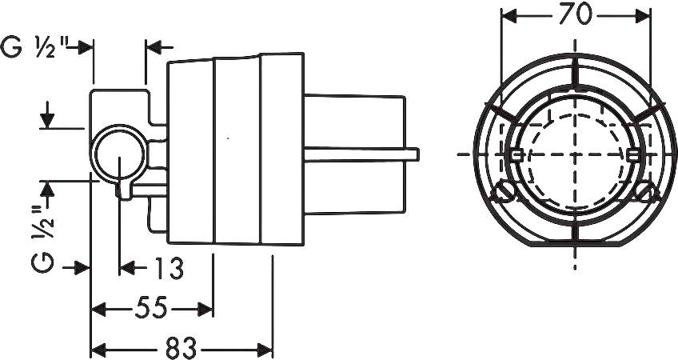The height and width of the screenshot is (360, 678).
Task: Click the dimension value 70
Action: click(x=575, y=15)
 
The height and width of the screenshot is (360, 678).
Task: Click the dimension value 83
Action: click(x=181, y=348)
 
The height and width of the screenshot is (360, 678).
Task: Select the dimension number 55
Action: click(x=151, y=309)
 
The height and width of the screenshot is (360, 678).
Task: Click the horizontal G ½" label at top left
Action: click(x=34, y=46)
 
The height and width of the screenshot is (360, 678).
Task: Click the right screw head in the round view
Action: click(x=647, y=191)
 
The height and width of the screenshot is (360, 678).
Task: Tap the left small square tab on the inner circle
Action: click(x=516, y=155)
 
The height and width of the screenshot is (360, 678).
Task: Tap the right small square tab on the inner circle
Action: click(x=633, y=155)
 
